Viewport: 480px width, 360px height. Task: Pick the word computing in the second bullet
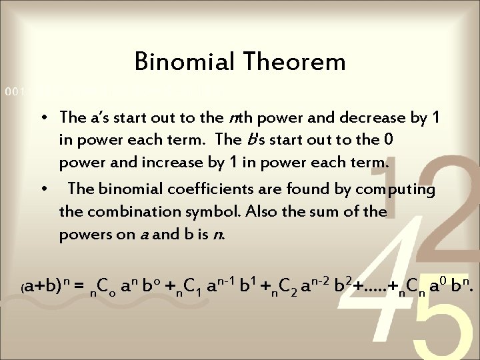(x=395, y=189)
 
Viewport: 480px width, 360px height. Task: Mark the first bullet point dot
(x=42, y=119)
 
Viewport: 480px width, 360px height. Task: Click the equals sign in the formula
(x=79, y=287)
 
